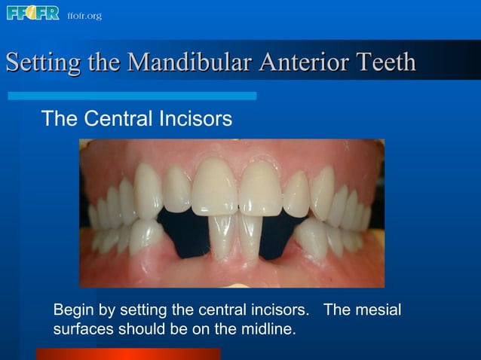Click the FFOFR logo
[32, 14]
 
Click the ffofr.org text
[84, 16]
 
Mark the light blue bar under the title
[132, 96]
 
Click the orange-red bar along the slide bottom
[128, 354]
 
